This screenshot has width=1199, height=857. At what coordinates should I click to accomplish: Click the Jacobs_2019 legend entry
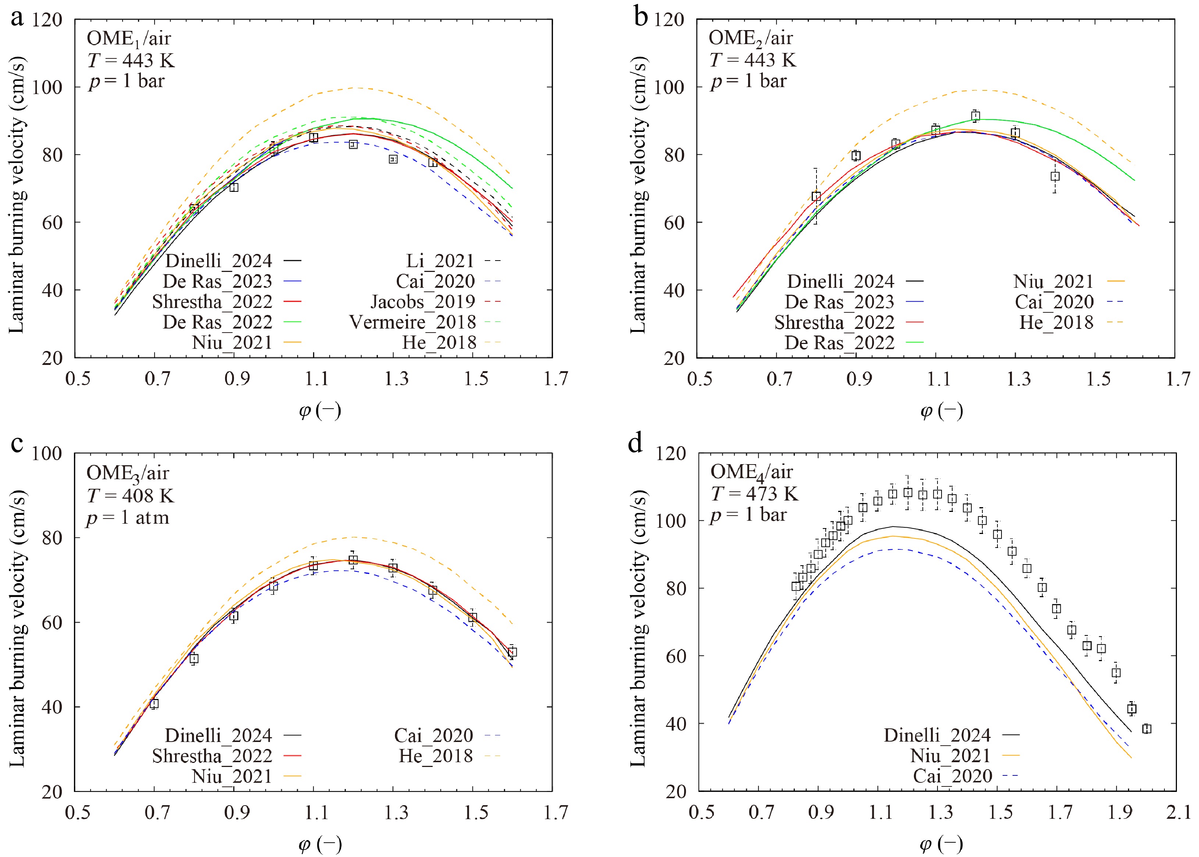point(423,301)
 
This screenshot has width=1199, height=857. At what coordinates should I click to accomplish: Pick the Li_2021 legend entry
point(440,261)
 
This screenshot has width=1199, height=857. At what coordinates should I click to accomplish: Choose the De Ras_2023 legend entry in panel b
point(839,302)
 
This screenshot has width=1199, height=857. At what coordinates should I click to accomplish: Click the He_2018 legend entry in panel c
point(436,756)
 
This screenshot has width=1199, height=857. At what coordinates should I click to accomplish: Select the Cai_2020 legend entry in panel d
point(952,776)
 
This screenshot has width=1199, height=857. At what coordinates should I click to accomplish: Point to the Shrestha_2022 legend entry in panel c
point(212,756)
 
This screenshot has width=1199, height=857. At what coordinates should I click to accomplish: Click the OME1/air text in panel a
point(128,39)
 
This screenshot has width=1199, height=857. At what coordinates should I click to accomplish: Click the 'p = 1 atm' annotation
point(127,518)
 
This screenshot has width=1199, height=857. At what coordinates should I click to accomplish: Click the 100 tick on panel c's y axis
point(47,453)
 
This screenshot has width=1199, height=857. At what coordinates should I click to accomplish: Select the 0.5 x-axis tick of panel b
point(699,379)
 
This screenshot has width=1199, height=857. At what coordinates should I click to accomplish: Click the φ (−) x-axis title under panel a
point(320,410)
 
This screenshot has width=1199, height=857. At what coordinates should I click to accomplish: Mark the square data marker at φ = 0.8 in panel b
point(816,196)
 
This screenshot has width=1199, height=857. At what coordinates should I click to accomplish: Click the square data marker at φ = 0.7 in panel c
point(154,703)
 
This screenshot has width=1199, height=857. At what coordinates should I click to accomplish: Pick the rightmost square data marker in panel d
point(1146,729)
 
